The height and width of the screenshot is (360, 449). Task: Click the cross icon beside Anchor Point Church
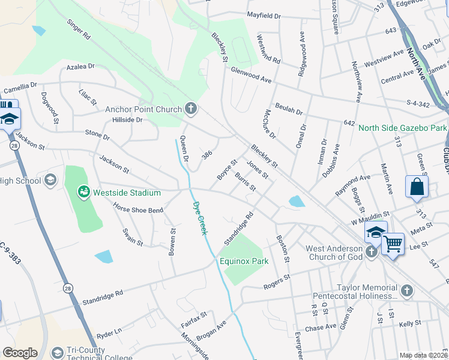tap(191, 109)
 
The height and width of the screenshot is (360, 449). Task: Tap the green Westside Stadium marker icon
tap(83, 193)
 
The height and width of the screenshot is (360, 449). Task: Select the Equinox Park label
tap(244, 261)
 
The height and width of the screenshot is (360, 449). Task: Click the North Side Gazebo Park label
tap(403, 128)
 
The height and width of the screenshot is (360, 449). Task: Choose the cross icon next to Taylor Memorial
tap(407, 291)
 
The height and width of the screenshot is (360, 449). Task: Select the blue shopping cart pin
tap(393, 243)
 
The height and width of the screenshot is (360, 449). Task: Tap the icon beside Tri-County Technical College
tap(58, 353)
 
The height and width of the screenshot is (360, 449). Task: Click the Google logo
tap(20, 353)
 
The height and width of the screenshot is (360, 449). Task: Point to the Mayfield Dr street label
tap(264, 15)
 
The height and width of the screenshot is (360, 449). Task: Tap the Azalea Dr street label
tap(81, 67)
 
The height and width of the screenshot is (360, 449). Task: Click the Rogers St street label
tap(277, 281)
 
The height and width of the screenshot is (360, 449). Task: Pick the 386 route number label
tap(207, 155)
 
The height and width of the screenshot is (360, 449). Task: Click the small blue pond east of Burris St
tap(295, 202)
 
